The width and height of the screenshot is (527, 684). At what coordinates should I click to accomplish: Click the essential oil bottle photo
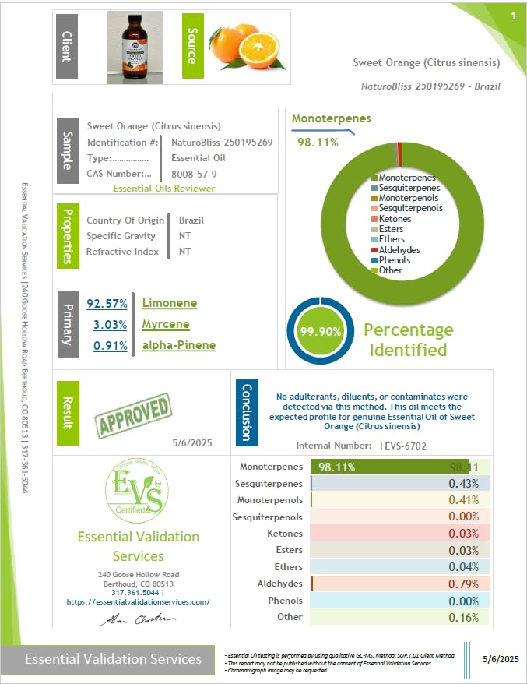[135, 48]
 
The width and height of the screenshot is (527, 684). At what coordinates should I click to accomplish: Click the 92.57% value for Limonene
[107, 303]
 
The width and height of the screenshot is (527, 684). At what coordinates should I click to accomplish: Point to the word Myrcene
[166, 324]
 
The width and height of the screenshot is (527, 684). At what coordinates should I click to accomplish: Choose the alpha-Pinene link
[179, 345]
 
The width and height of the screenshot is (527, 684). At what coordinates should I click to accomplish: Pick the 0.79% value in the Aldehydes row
[465, 584]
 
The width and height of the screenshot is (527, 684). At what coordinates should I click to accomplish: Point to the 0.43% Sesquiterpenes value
[465, 484]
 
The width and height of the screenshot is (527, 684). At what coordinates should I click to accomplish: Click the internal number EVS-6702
[406, 446]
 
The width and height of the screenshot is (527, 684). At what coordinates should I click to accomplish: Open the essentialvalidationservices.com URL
[139, 602]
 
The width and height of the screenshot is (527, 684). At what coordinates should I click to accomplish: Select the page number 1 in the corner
[513, 16]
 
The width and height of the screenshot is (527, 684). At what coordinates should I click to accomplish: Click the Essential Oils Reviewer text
[164, 188]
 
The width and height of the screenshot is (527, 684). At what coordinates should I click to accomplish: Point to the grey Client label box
[66, 47]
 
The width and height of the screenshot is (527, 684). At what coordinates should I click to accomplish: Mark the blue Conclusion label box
[246, 413]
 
